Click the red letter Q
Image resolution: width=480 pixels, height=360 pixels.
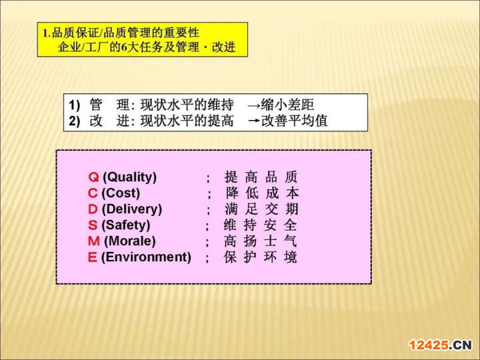point(94,177)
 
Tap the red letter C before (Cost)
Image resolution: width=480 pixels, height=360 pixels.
point(93,193)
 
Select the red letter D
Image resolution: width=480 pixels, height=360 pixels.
point(93,209)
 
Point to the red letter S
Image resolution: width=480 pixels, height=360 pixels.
point(93,225)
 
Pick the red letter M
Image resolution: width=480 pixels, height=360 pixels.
point(94,241)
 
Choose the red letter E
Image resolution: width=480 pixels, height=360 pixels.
point(92,257)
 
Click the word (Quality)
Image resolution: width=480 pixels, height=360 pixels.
point(130,177)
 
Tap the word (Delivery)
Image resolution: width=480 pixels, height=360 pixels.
point(132,209)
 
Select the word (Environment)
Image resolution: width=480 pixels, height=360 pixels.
point(146,257)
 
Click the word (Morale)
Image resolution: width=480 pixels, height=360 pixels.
point(130,241)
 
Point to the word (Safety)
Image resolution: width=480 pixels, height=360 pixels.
point(126,225)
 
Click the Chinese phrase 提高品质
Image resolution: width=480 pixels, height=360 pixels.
point(261,177)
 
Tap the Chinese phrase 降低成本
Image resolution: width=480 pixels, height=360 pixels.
point(263,193)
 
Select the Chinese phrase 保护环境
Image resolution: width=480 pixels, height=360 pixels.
point(260,257)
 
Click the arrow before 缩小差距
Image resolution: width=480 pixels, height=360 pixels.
point(254,106)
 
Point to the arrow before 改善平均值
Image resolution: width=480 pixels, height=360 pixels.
point(254,121)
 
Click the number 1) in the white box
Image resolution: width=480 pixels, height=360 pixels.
point(75,105)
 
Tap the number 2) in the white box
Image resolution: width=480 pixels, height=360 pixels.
point(75,121)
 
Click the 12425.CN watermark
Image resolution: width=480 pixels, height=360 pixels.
point(441,345)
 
